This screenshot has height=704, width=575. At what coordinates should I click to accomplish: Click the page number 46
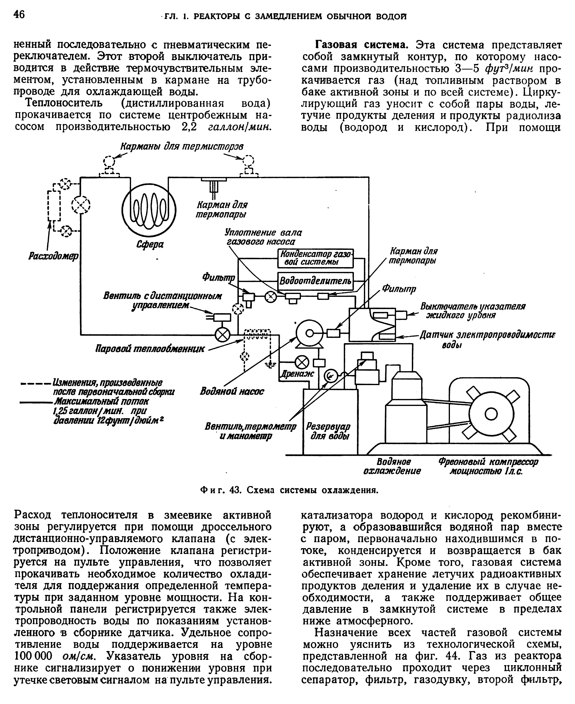click(x=19, y=15)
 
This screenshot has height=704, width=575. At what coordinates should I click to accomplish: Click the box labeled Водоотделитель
click(x=315, y=281)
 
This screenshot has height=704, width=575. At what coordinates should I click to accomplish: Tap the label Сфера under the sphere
click(x=150, y=245)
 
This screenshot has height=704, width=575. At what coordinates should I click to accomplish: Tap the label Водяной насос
click(x=232, y=391)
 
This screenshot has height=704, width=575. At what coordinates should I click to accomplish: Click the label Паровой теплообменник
click(x=150, y=349)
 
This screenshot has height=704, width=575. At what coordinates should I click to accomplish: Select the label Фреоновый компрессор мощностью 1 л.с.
click(x=488, y=466)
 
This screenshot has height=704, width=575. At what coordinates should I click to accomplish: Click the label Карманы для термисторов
click(x=182, y=146)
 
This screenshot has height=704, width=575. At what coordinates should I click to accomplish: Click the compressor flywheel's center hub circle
click(x=489, y=413)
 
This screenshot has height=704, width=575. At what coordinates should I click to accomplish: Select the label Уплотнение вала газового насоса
click(x=263, y=237)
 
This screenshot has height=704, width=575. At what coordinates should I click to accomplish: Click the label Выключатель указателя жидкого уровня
click(x=473, y=310)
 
